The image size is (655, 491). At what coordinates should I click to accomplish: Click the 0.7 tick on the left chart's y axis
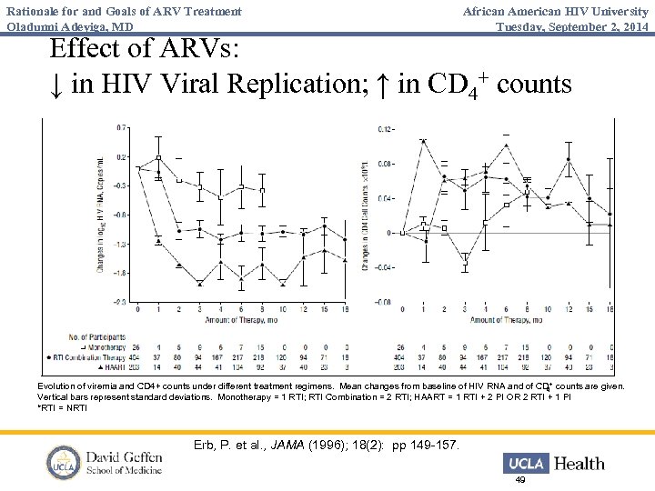(x=121, y=128)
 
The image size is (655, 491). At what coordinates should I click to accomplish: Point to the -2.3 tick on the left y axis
(x=120, y=301)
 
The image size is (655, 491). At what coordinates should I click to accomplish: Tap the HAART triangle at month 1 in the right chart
(x=424, y=140)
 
